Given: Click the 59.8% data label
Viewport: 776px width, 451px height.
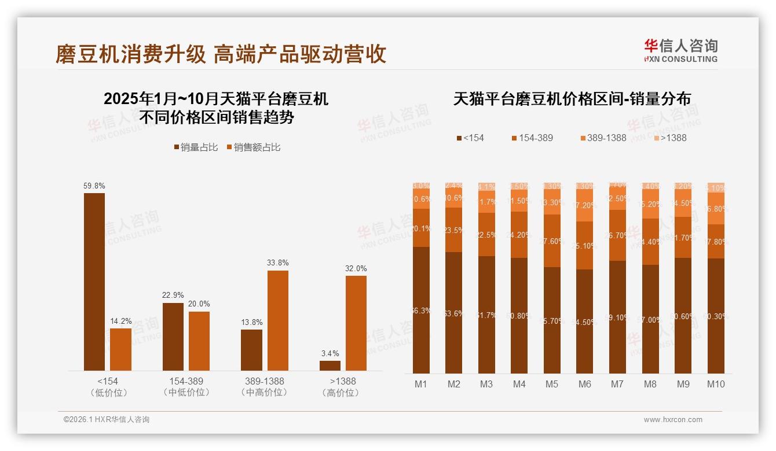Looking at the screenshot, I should point(94,186).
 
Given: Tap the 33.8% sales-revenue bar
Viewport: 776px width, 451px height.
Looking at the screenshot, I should point(277,320).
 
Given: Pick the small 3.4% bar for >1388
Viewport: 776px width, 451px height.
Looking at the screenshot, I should point(330,365).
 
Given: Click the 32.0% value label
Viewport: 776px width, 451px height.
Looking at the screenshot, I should point(356,269).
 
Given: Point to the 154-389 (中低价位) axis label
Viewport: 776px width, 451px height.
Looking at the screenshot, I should point(186,387).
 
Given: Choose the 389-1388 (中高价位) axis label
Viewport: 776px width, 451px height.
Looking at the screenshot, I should point(265,387).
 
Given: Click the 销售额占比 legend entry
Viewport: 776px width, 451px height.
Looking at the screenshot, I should point(253,147).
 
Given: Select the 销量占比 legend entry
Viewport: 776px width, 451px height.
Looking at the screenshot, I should point(196,147).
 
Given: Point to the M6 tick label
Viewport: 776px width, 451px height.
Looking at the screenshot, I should point(585,384).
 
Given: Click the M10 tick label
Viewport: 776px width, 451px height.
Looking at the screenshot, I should point(716,384).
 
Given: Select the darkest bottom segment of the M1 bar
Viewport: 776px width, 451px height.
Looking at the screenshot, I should point(421,310).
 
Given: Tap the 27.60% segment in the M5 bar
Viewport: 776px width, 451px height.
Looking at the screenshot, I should point(552,241).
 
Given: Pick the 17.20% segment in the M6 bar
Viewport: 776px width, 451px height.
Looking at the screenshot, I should point(585,205).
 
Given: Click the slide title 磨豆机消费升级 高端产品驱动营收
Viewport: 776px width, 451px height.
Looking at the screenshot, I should point(221,54).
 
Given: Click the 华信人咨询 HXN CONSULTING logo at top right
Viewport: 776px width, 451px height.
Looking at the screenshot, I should point(680,50).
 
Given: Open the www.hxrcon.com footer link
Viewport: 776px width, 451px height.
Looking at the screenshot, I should point(673,420).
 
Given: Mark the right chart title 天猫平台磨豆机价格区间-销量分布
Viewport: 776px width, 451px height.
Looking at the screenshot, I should point(572,99).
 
